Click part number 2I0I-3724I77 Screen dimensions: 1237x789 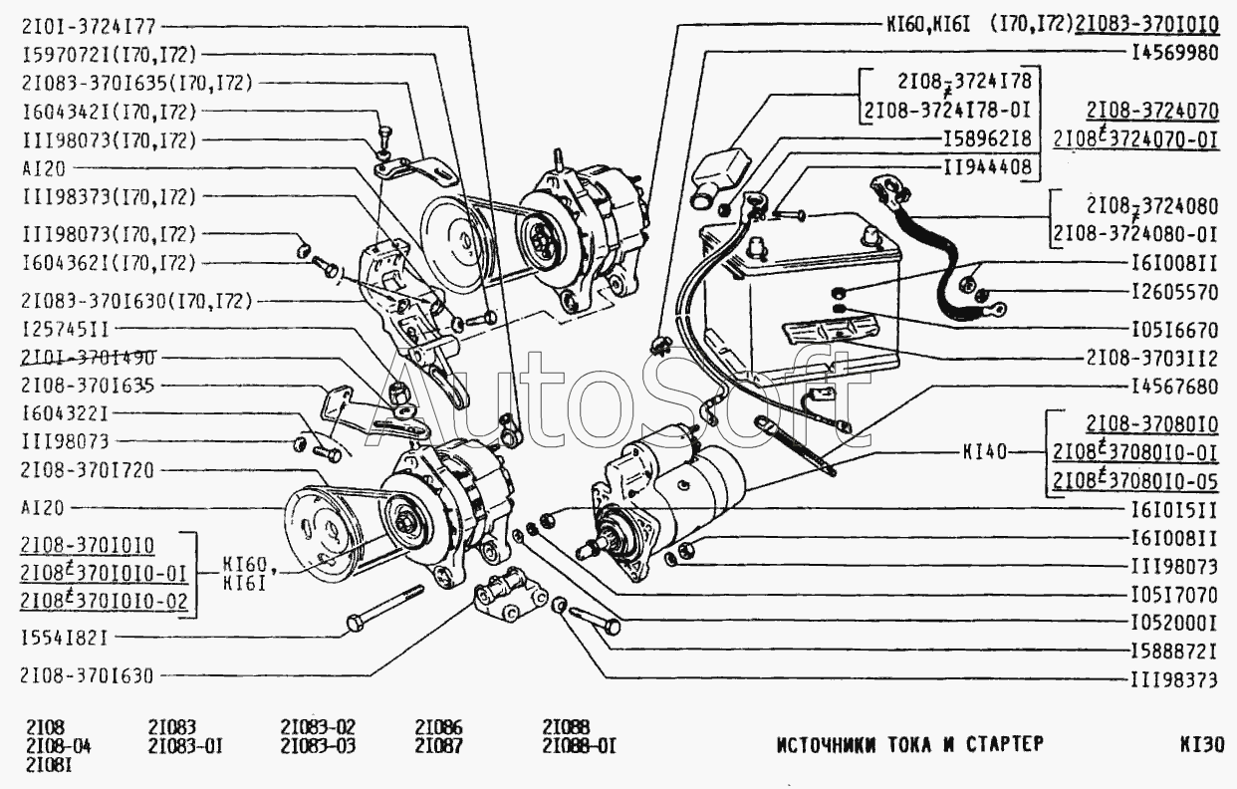89,27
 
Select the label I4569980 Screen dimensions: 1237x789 1174,53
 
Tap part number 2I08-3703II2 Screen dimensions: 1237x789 1151,359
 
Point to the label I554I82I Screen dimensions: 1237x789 65,639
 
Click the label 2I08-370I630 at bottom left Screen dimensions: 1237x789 87,675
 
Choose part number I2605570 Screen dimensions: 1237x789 1174,292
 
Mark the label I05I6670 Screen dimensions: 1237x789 1174,330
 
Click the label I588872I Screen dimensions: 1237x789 1174,652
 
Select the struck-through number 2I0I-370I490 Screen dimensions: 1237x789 89,358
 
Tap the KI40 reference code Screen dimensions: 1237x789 985,452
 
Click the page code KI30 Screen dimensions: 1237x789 1202,744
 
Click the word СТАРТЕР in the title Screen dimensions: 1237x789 1005,744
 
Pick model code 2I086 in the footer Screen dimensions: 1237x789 438,726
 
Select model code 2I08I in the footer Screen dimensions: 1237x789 49,765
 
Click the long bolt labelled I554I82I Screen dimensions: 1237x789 384,609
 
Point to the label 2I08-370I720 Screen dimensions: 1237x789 88,470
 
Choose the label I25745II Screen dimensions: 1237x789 65,330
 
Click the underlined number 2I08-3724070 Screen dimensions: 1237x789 1152,111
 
